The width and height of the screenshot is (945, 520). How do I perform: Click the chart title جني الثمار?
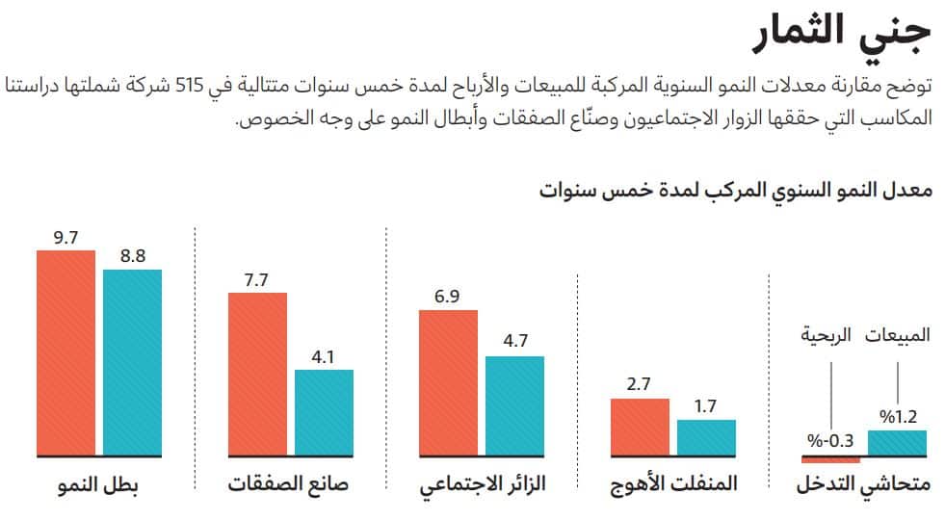point(842,32)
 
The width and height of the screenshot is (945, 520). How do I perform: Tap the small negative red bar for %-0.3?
point(830,458)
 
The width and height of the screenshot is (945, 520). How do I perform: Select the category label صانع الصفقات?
point(288,483)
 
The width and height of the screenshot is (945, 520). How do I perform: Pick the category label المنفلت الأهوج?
point(674,483)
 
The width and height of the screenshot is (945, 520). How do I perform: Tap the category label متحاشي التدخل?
point(864,483)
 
